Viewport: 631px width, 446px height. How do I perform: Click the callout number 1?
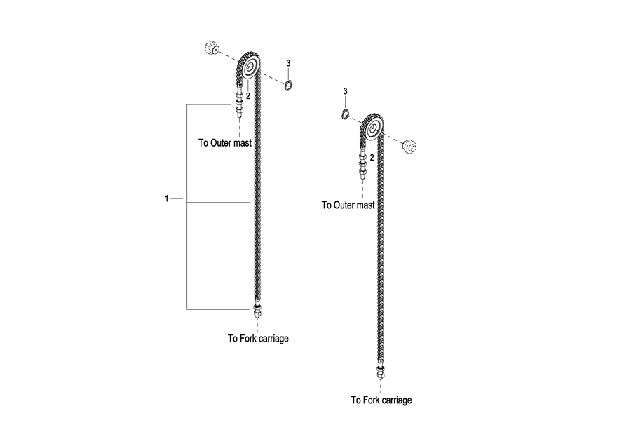point(167,199)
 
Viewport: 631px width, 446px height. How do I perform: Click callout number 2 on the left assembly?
point(247,95)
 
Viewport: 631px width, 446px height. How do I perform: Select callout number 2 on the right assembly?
point(372,158)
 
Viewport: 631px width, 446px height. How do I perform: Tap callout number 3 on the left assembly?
point(288,64)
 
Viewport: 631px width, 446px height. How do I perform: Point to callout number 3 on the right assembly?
point(345,91)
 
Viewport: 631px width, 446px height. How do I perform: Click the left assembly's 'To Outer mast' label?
point(224,143)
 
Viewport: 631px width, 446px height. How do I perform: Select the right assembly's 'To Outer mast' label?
point(348,205)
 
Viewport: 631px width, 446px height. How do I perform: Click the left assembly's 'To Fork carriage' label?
point(258,339)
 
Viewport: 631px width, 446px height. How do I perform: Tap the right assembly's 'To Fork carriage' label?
point(381,400)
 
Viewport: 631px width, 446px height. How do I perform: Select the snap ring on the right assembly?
point(345,114)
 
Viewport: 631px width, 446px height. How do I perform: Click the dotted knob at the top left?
point(210,48)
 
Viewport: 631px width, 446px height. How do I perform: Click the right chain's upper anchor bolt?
point(362,164)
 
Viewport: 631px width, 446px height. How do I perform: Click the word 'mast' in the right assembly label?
point(365,205)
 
